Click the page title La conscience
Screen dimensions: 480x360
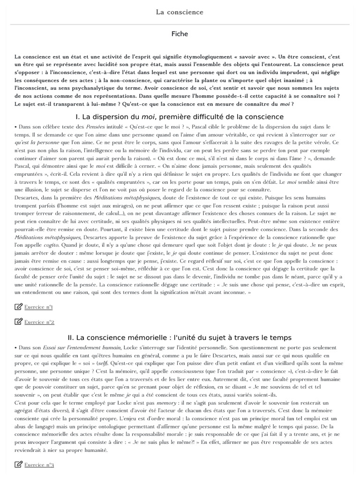pos(180,12)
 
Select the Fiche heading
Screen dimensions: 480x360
pos(180,34)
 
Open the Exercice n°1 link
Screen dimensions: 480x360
pos(38,307)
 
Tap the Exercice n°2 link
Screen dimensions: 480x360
pos(39,322)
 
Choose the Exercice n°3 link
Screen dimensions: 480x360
pos(39,465)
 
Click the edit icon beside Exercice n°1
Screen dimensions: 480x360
pos(19,307)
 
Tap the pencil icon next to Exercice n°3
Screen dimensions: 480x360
pos(19,465)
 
